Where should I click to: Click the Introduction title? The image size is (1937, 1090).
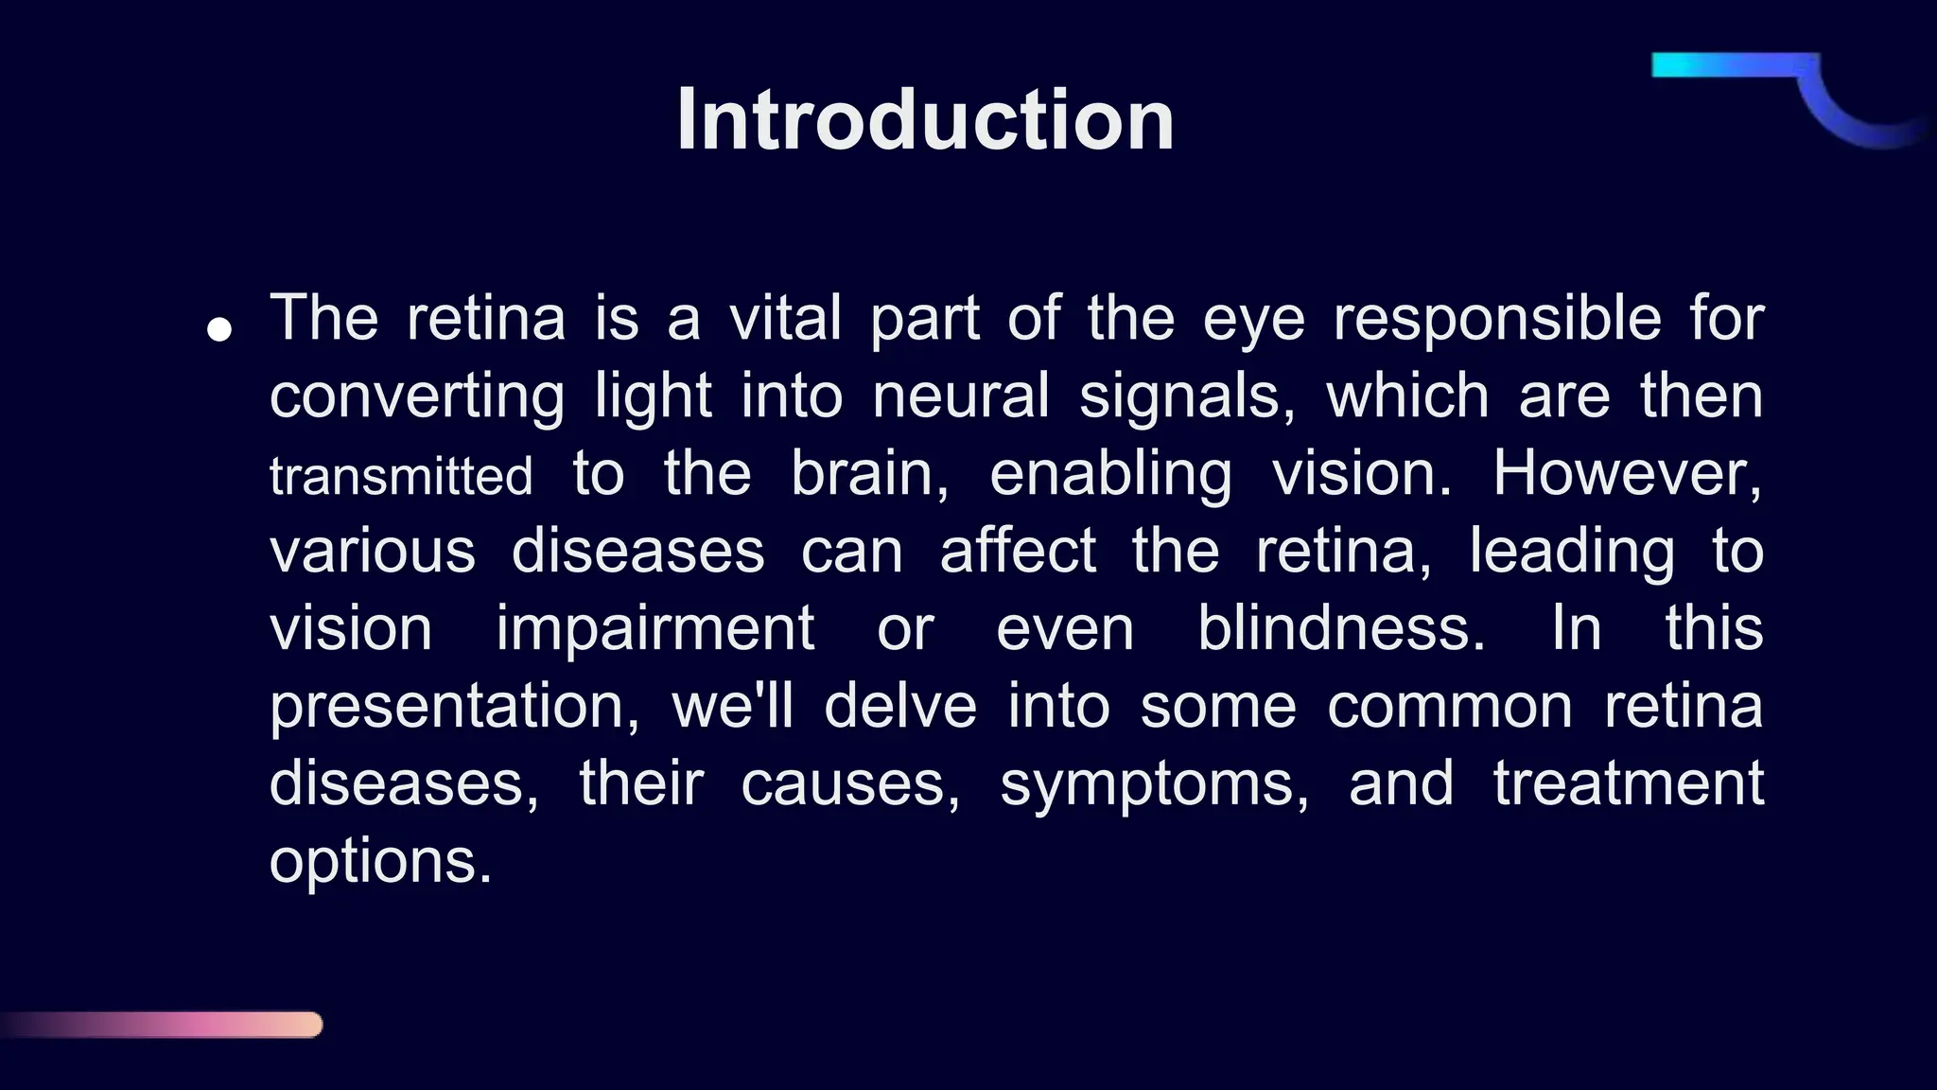point(925,120)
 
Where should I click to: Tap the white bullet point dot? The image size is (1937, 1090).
point(219,330)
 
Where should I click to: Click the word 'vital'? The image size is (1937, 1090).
point(785,318)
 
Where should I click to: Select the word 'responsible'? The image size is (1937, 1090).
point(1496,318)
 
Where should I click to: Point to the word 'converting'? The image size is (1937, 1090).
point(417,396)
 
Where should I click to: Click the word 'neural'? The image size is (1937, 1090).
point(960,396)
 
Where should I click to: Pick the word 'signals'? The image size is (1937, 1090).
point(1186,397)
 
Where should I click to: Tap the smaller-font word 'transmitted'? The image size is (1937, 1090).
point(401,475)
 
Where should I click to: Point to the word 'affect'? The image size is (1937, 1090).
point(1018,551)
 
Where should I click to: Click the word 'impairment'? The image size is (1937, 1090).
point(654,628)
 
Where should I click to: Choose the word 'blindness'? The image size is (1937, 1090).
point(1340,628)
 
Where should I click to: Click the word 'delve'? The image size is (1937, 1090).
point(899,706)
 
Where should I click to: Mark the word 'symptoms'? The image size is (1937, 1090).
point(1154,785)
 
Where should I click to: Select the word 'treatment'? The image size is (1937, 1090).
point(1628,783)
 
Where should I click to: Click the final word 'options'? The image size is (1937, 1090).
point(380,863)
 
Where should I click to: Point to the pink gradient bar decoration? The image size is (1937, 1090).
point(189,1025)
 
